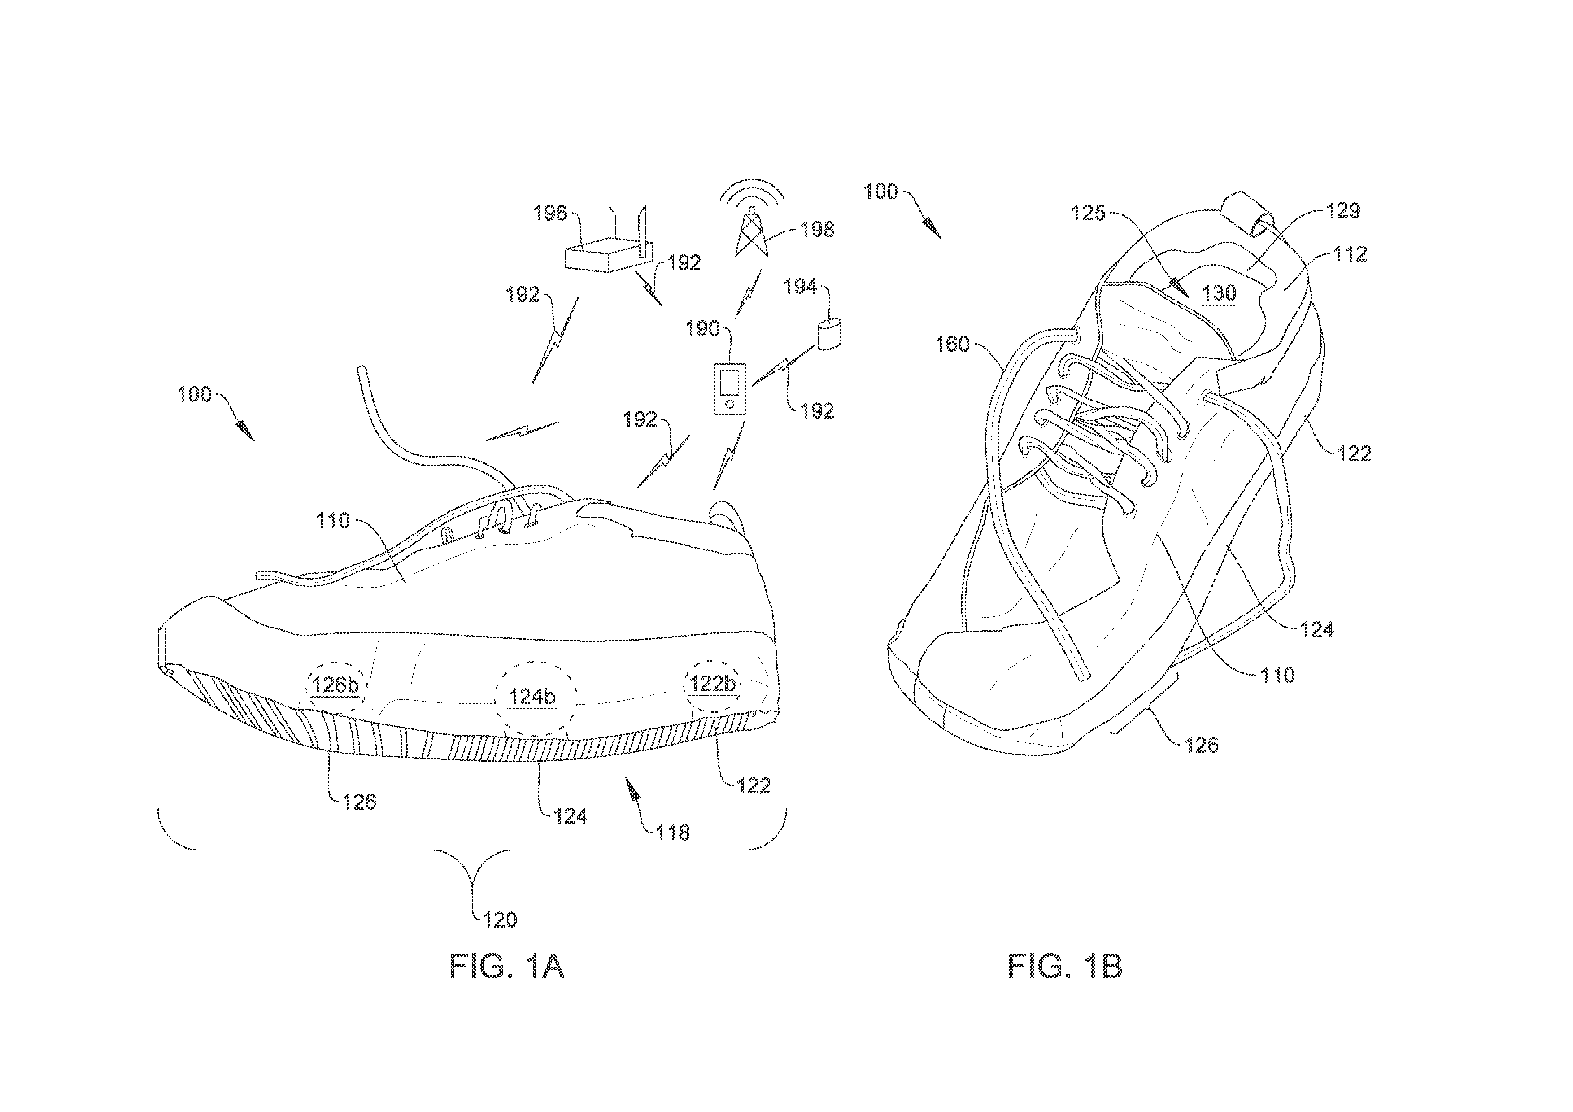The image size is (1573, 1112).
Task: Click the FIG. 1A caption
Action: click(x=506, y=966)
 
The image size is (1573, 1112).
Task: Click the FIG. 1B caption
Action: click(x=1065, y=966)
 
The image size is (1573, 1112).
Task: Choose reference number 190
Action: click(x=702, y=328)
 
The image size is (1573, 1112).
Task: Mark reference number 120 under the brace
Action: click(x=500, y=920)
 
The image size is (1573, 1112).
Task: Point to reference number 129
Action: click(x=1343, y=210)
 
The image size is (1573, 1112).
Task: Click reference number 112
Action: click(x=1351, y=254)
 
